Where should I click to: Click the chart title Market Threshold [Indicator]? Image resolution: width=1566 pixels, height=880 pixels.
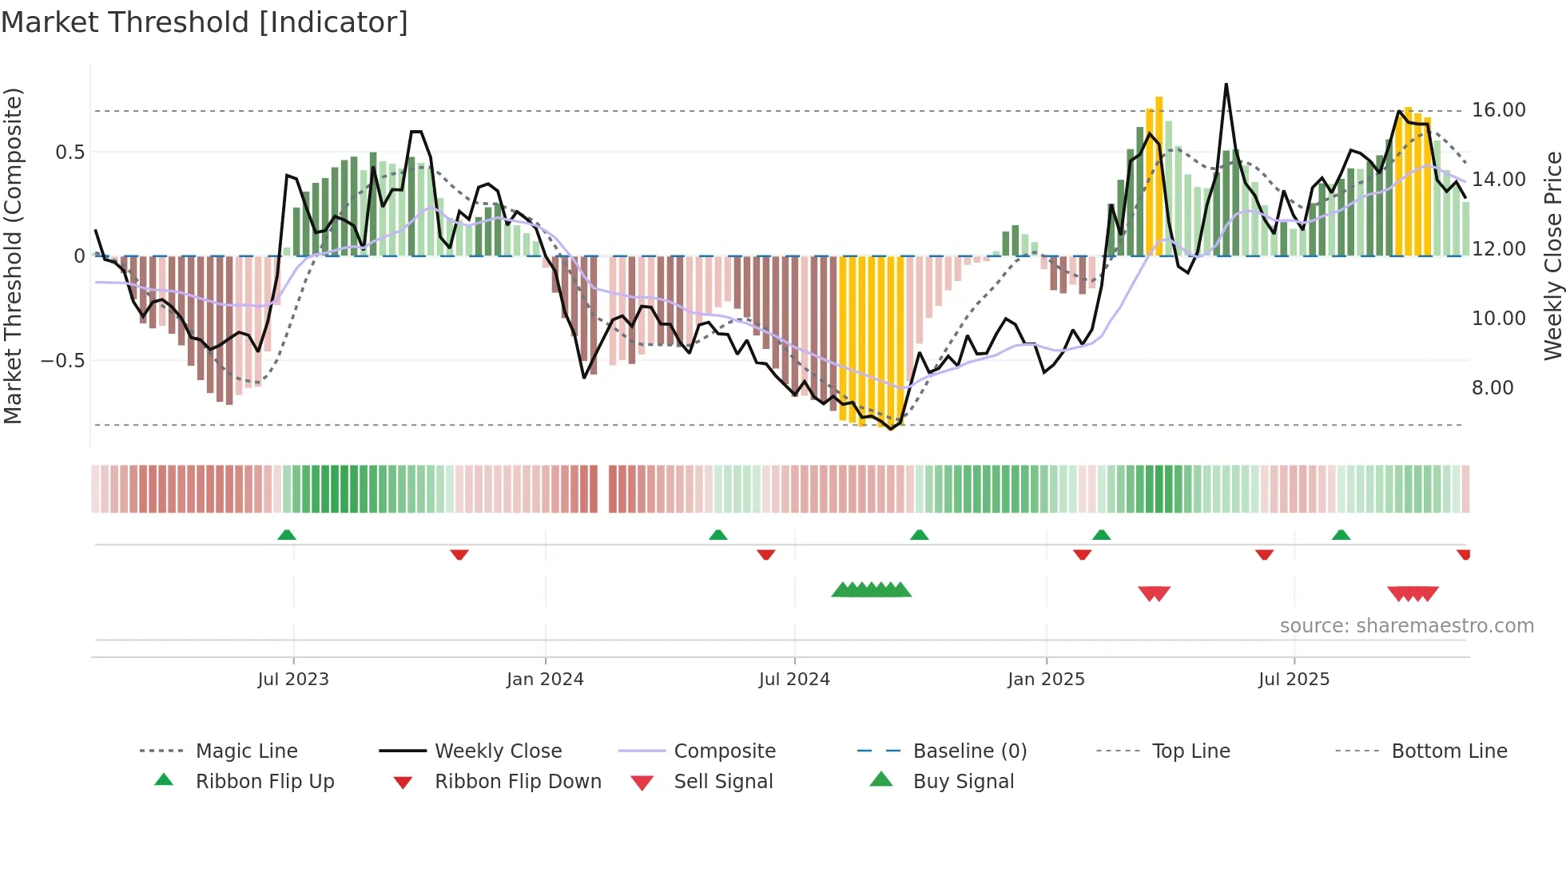pos(205,22)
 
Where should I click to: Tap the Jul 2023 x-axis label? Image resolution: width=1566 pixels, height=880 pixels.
pos(293,680)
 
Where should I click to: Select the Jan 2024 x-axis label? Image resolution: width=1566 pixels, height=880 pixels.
pos(545,680)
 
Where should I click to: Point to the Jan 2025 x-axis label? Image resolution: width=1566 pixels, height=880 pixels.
pos(1046,680)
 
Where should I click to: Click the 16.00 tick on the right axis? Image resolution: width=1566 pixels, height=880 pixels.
pos(1498,110)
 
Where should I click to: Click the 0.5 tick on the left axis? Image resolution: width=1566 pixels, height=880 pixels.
pos(70,153)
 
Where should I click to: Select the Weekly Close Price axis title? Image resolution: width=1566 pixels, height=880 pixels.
pos(1552,256)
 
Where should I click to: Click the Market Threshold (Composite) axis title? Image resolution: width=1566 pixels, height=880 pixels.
pos(13,256)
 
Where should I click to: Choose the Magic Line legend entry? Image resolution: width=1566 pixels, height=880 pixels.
pos(246,751)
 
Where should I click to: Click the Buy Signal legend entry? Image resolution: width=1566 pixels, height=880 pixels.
pos(963,782)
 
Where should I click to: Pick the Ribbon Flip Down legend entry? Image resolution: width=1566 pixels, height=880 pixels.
pos(517,782)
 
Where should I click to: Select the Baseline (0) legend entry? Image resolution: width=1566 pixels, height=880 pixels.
pos(969,751)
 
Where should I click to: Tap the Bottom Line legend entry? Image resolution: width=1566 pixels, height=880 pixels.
pos(1449,751)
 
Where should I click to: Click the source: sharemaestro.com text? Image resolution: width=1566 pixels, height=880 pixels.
pos(1406,626)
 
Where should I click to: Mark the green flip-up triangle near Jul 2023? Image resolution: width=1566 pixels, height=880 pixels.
pos(287,535)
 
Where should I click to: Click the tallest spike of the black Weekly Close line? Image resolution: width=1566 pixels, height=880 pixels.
pos(1226,85)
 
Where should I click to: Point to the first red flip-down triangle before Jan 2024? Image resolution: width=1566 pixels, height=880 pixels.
pos(459,554)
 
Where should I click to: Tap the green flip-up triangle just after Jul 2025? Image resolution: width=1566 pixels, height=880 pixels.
pos(1341,535)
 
